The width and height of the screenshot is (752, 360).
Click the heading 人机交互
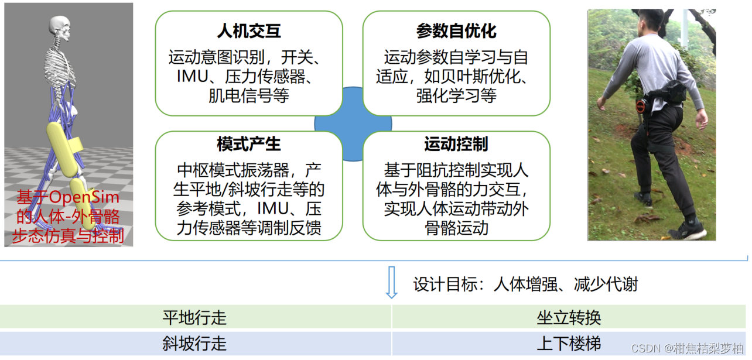[249, 31]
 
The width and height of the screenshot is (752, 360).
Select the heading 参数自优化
[456, 31]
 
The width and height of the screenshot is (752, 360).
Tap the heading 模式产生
[249, 143]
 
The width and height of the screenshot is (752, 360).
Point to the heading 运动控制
[456, 143]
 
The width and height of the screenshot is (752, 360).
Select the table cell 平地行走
[194, 318]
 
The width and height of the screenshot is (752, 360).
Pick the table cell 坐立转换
[569, 318]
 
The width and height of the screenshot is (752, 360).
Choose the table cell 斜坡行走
[194, 343]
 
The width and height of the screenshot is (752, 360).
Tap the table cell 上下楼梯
[569, 343]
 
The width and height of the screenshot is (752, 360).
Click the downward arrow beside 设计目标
[391, 283]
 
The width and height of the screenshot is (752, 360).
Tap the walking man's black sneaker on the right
[688, 229]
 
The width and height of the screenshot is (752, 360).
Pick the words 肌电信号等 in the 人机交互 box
[249, 95]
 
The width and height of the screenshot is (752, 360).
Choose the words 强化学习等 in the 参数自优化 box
[456, 95]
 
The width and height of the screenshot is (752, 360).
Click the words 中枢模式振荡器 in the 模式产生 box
[233, 170]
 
